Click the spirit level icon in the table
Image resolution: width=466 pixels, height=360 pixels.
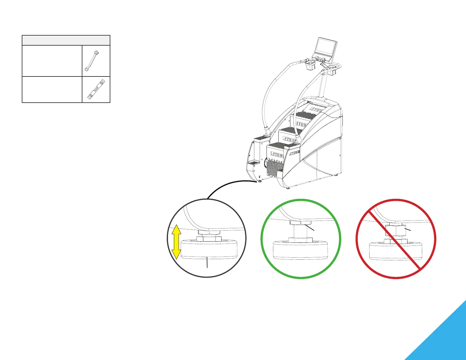point(96,89)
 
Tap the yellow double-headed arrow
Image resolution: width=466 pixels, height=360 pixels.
point(176,241)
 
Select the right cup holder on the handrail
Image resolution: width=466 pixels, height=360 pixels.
point(332,71)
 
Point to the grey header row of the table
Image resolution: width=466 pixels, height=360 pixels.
point(66,40)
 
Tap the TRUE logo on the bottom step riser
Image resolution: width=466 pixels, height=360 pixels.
point(277,155)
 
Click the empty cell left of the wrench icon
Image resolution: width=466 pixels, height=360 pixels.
point(52,61)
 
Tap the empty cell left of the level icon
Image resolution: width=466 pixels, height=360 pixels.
point(52,89)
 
